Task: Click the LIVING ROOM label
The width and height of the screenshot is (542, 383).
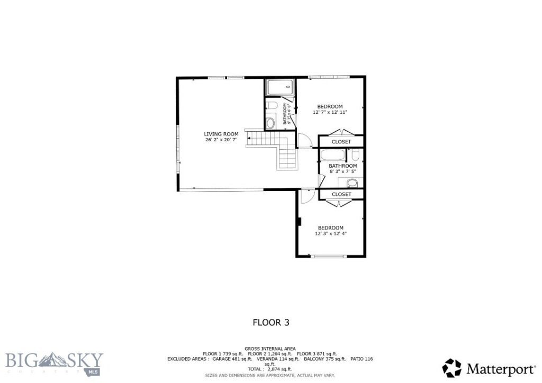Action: click(x=221, y=134)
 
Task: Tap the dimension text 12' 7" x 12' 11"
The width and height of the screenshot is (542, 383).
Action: click(x=330, y=112)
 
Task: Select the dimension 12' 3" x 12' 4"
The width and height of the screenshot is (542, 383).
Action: click(x=331, y=233)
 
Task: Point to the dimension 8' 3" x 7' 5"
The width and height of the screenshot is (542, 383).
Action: click(x=342, y=171)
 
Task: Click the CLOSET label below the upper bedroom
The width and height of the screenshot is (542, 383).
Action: click(x=341, y=142)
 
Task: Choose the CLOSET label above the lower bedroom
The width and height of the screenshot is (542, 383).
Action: click(x=341, y=194)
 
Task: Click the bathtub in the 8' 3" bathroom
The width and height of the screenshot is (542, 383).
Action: click(x=332, y=156)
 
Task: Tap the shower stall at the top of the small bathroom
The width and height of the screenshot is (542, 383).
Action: click(x=279, y=87)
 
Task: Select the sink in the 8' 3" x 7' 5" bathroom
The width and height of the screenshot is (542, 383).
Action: click(x=351, y=184)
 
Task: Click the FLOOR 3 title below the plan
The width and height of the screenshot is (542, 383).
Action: click(x=270, y=322)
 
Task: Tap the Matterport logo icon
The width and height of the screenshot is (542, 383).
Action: click(x=451, y=368)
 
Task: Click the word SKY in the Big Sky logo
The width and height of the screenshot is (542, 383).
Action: click(x=85, y=360)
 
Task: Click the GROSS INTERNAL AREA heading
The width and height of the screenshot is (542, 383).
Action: click(x=270, y=349)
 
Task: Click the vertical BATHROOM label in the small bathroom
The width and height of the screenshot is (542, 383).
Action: click(x=285, y=114)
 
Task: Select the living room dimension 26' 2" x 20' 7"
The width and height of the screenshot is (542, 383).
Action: click(x=221, y=140)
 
